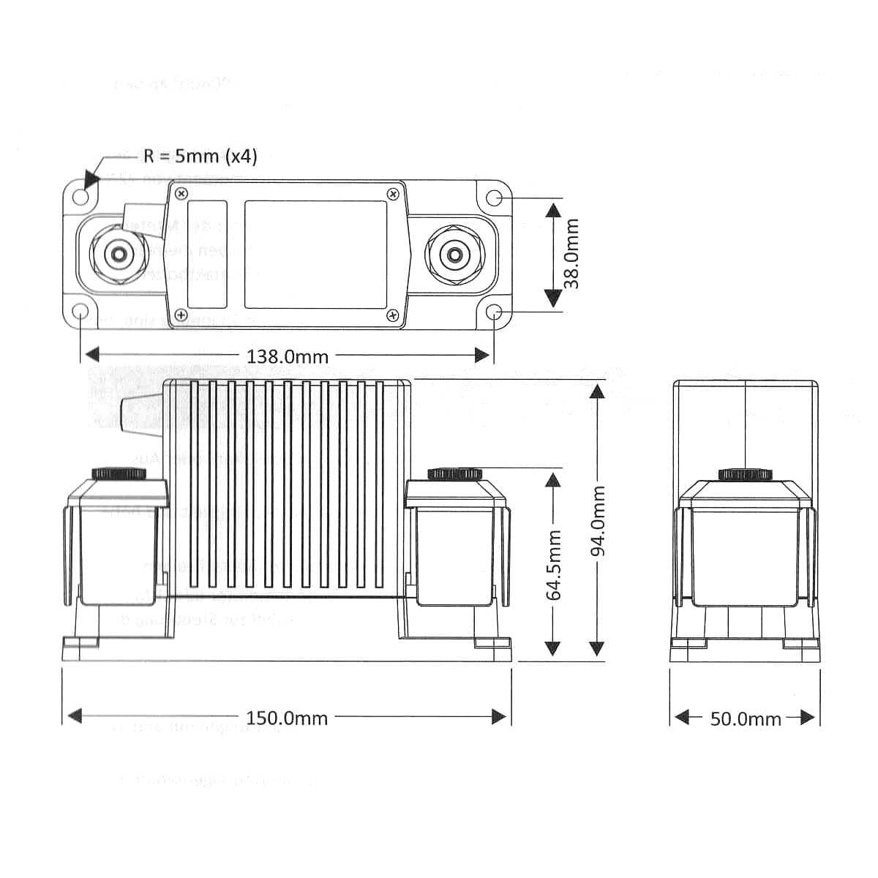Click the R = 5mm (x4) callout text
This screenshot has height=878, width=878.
pyautogui.click(x=200, y=157)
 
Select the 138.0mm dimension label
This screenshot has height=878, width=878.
pyautogui.click(x=288, y=356)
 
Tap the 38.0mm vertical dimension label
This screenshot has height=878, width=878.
pyautogui.click(x=571, y=252)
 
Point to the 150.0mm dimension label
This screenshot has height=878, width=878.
pyautogui.click(x=287, y=718)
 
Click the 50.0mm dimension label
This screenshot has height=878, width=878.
pyautogui.click(x=746, y=718)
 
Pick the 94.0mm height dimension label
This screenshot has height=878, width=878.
pyautogui.click(x=599, y=519)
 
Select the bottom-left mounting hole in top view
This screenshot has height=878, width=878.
pyautogui.click(x=80, y=313)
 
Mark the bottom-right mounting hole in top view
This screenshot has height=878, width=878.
pyautogui.click(x=495, y=313)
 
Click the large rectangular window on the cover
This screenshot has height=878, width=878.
pyautogui.click(x=315, y=255)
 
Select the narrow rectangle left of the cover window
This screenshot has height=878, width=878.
pyautogui.click(x=207, y=255)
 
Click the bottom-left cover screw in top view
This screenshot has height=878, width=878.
pyautogui.click(x=179, y=315)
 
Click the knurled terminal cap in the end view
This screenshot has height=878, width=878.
pyautogui.click(x=745, y=474)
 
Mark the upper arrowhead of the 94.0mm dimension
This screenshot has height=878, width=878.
pyautogui.click(x=598, y=391)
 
